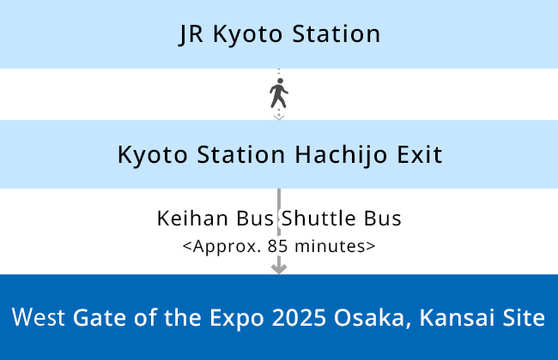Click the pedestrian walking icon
tap(279, 93)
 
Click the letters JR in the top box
tap(191, 34)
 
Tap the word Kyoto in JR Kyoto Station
tap(248, 35)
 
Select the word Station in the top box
tap(337, 33)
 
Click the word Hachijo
tap(341, 155)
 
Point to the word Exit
tap(420, 154)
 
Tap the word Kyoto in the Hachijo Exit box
tap(152, 155)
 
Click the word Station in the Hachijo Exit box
tap(241, 154)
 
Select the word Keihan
tap(192, 219)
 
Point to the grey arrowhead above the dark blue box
tap(279, 268)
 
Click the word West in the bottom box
tap(39, 317)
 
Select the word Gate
tap(100, 317)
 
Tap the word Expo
tap(237, 318)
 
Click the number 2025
tap(299, 317)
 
